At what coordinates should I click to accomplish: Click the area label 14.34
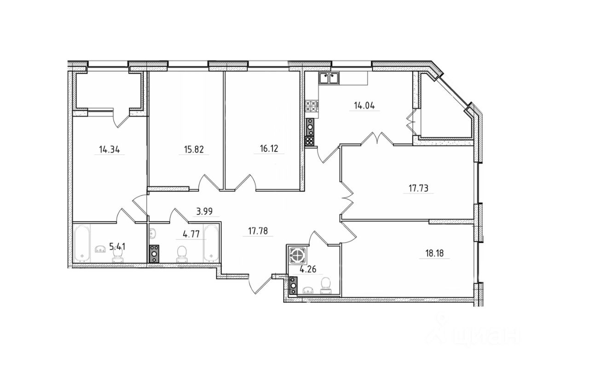click(110, 150)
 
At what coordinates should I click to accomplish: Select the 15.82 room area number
click(194, 150)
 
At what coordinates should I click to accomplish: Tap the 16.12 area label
click(269, 149)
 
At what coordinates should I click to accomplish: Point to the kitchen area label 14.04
click(364, 106)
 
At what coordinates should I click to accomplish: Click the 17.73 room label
click(419, 188)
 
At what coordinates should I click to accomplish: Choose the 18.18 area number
click(434, 254)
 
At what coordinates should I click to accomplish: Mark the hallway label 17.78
click(258, 231)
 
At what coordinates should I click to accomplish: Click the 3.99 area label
click(205, 211)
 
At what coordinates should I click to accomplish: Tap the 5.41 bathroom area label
click(117, 247)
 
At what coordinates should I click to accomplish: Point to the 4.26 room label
click(308, 269)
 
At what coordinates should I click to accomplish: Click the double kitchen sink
click(329, 78)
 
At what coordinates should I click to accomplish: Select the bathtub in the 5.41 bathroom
click(82, 243)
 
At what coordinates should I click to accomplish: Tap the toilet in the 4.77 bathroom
click(182, 254)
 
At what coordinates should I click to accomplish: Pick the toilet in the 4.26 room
click(326, 286)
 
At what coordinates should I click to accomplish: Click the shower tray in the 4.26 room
click(298, 255)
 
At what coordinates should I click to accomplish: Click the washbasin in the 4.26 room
click(309, 290)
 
